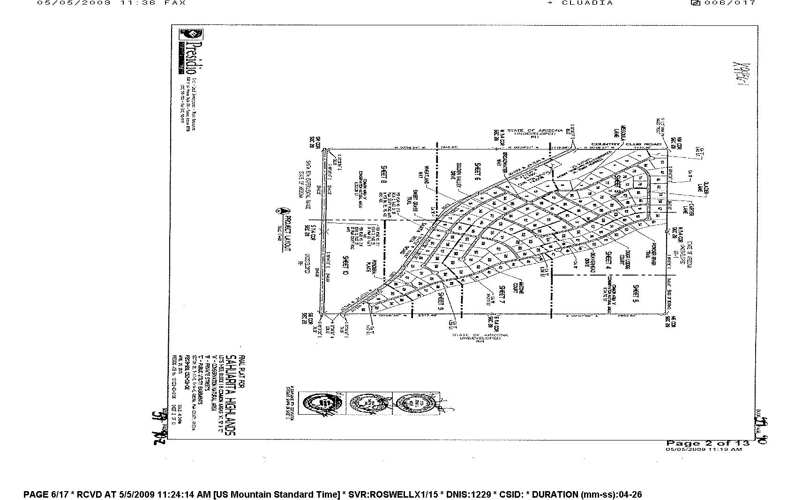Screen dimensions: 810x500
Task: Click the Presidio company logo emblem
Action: point(191,35)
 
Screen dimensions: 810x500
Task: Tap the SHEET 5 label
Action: point(636,294)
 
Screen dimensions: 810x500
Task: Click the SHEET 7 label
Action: point(501,295)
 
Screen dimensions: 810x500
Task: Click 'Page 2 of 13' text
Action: point(708,443)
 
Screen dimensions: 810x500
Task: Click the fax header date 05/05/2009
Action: point(74,3)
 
